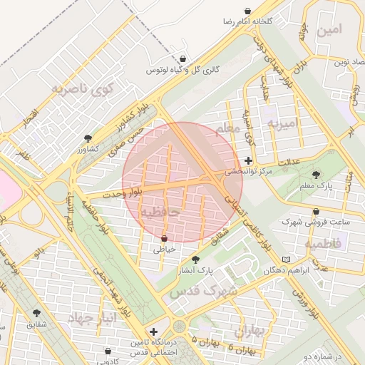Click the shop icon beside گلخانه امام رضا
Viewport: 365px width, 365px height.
pyautogui.click(x=247, y=11)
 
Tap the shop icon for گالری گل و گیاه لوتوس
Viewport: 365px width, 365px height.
pyautogui.click(x=183, y=59)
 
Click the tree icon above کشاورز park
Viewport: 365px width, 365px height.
pyautogui.click(x=88, y=138)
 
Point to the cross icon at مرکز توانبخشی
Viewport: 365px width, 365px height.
pyautogui.click(x=248, y=160)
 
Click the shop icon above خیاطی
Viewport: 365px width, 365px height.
pyautogui.click(x=165, y=238)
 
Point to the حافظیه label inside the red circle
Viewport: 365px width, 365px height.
pyautogui.click(x=158, y=212)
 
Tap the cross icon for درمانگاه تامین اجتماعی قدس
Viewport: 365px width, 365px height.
pyautogui.click(x=153, y=332)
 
